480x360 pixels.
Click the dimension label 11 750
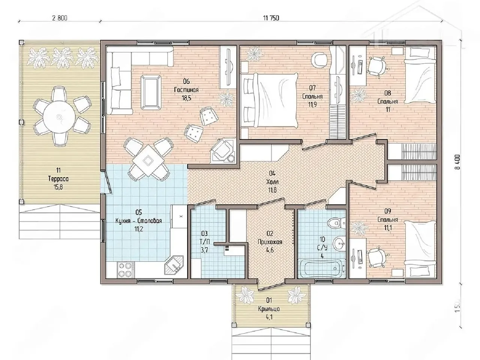(271, 18)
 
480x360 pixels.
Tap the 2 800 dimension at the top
(60, 18)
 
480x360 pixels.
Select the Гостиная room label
(186, 90)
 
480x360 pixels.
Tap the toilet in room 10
(337, 223)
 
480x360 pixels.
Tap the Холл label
(273, 182)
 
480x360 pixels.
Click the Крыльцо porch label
(269, 309)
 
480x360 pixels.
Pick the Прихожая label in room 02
(270, 242)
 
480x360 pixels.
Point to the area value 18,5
(186, 98)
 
